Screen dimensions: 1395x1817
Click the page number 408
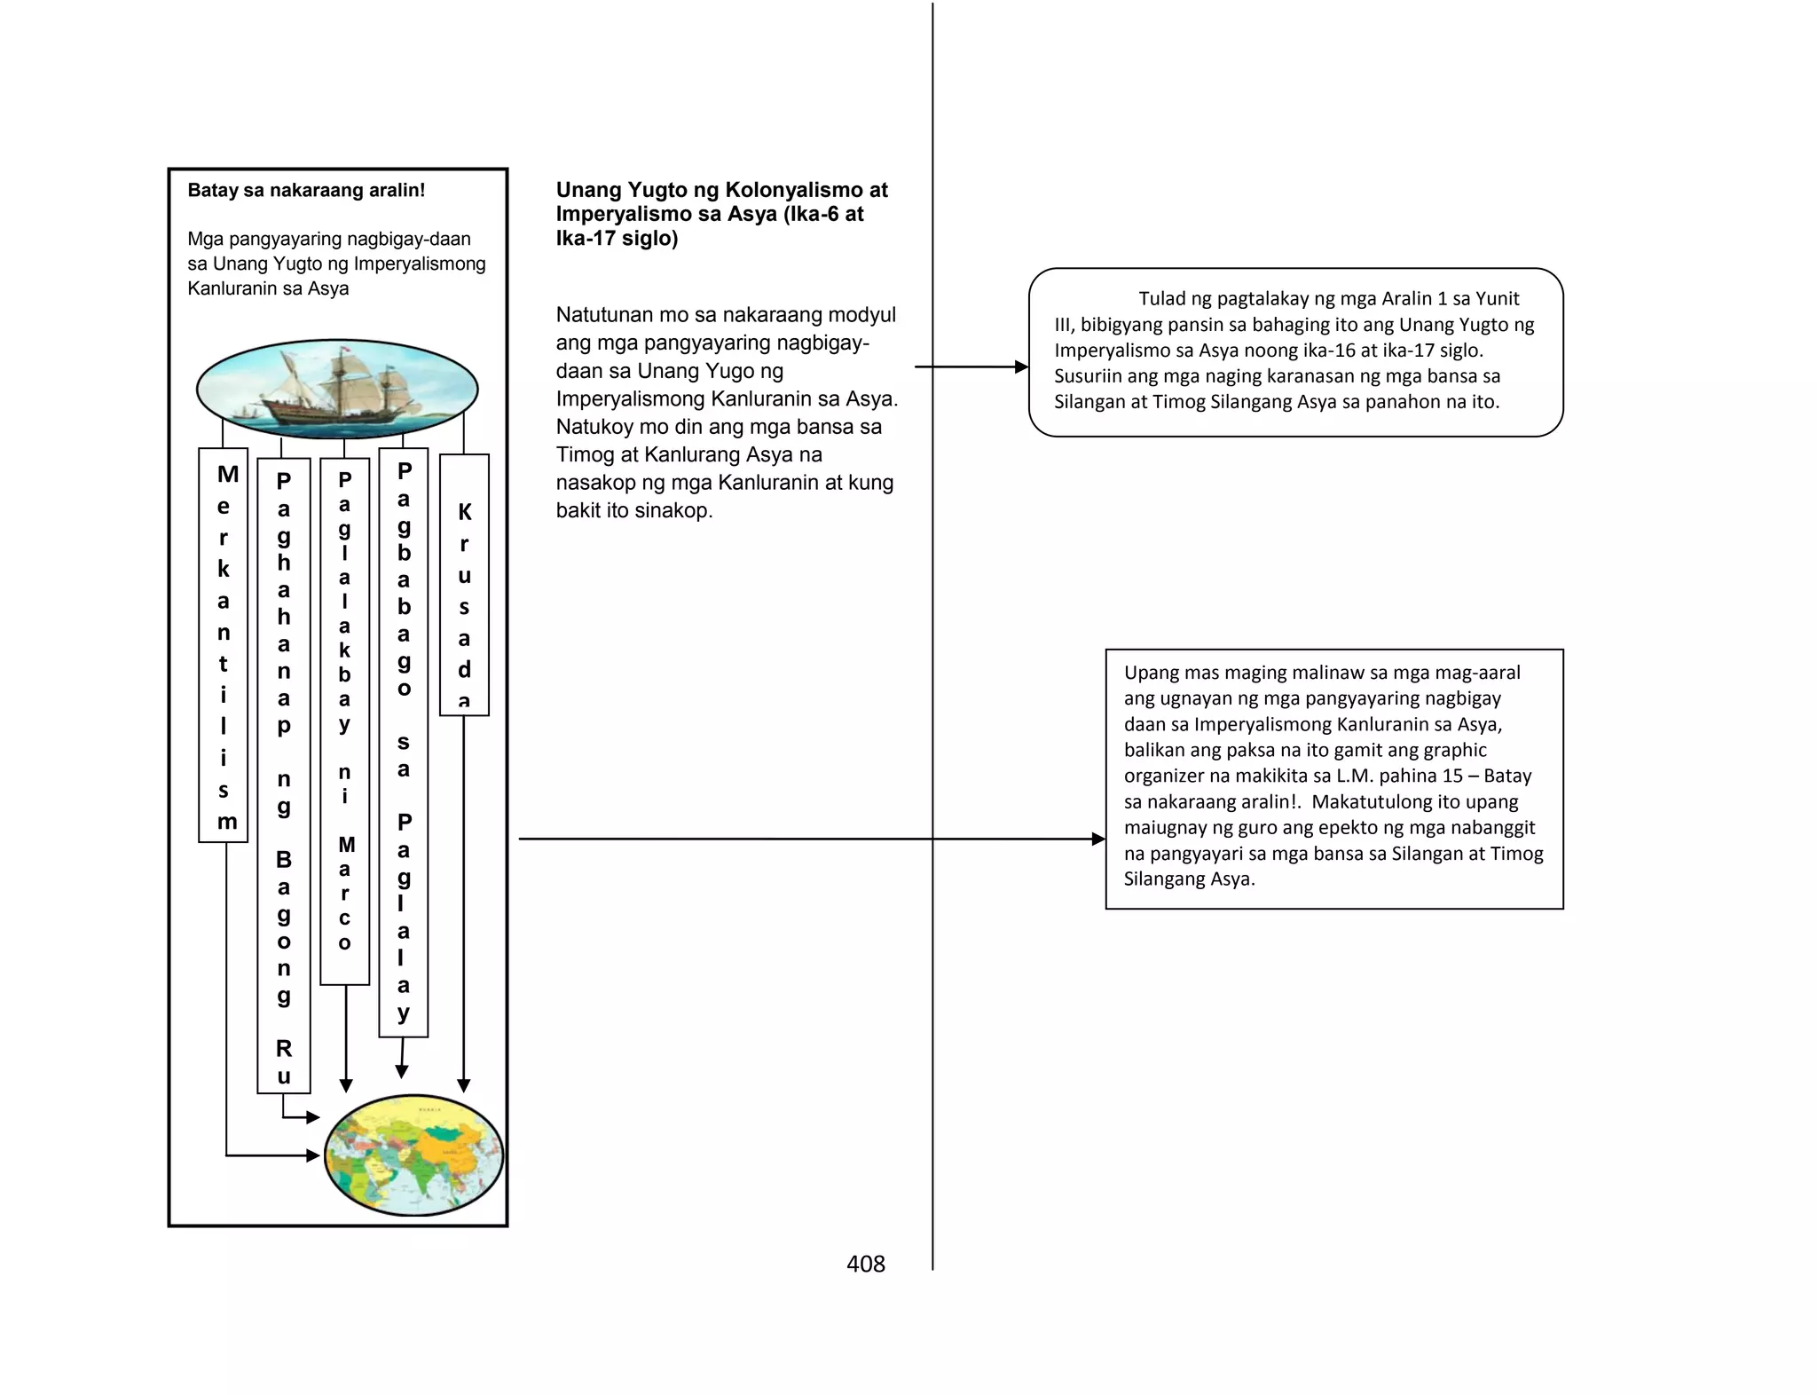click(865, 1264)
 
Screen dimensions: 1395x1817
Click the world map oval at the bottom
click(413, 1155)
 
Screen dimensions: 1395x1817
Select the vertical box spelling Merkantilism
click(224, 645)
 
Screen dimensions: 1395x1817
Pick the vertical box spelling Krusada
click(464, 585)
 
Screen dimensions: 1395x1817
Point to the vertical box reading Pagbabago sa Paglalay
click(404, 742)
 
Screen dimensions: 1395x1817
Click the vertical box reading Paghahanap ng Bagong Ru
click(284, 775)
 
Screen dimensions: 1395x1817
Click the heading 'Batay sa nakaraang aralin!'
click(306, 190)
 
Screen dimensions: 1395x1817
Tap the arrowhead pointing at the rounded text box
click(1022, 366)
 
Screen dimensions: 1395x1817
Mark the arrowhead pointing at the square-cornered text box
click(1098, 839)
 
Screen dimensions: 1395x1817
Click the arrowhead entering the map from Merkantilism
click(313, 1155)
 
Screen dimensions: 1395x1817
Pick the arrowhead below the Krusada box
click(464, 1085)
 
